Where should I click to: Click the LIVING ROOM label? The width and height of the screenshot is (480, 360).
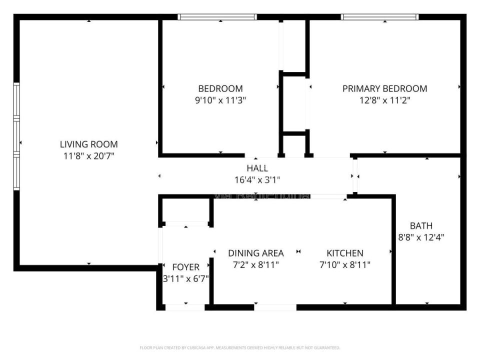tap(89, 144)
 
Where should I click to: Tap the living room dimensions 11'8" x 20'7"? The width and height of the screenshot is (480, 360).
tap(89, 155)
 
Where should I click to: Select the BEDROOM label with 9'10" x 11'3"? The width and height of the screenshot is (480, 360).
tap(220, 88)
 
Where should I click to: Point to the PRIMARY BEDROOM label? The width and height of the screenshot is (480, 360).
tap(384, 88)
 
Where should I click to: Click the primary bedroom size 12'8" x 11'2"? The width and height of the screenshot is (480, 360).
tap(384, 100)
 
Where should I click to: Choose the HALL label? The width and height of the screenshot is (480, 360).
tap(257, 168)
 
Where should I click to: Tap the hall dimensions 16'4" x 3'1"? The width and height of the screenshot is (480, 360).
tap(257, 179)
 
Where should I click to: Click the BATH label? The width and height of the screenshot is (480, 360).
tap(421, 225)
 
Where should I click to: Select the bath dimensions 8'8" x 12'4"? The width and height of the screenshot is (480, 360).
tap(421, 237)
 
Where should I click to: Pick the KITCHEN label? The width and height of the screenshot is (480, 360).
tap(345, 253)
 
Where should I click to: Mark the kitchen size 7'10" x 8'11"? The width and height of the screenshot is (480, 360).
tap(345, 264)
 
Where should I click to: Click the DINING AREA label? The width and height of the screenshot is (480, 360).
tap(255, 253)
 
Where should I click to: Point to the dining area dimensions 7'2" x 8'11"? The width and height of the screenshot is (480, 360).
tap(255, 264)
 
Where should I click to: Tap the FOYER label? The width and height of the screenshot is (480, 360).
tap(185, 267)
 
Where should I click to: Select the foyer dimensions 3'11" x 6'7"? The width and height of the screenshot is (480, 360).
tap(185, 278)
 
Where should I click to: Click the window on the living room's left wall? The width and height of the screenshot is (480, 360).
tap(16, 136)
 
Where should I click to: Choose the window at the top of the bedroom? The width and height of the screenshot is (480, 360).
tap(217, 17)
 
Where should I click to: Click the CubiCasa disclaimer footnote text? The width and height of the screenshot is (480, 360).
tap(240, 347)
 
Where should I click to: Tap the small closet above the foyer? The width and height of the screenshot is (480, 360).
tap(186, 210)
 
